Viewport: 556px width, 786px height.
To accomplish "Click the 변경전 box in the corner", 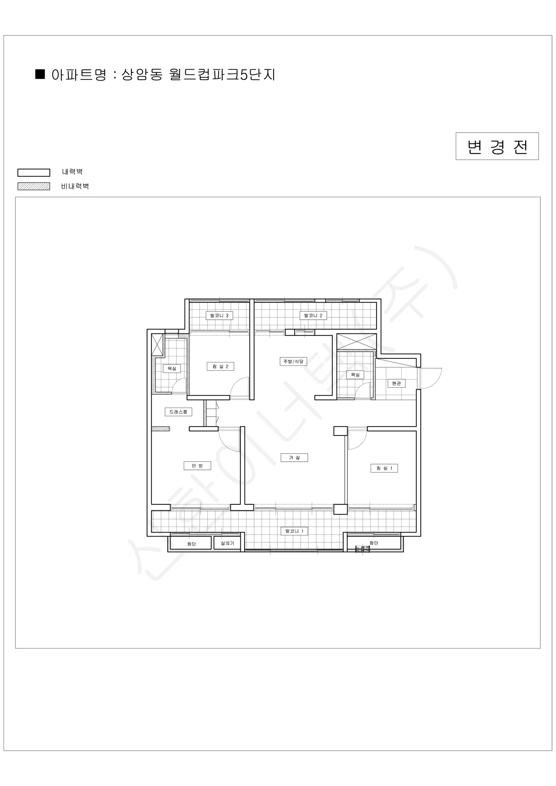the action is click(497, 146).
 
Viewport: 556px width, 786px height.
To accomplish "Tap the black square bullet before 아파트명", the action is click(40, 74).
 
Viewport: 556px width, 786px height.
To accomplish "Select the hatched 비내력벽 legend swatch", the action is click(33, 186).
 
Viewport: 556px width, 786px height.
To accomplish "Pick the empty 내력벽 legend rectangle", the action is click(33, 172).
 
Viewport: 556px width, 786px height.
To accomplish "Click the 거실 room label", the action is click(294, 458).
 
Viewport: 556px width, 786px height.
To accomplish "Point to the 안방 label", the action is click(197, 466).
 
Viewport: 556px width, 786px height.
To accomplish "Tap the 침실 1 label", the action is click(384, 468).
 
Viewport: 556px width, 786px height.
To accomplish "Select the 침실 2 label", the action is click(220, 366).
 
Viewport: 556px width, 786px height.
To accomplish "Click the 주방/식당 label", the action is click(293, 361).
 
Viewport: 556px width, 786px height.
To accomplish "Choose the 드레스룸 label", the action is click(178, 412).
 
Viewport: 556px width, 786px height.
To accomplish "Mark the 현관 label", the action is click(397, 384).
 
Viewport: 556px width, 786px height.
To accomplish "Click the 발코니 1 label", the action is click(294, 531).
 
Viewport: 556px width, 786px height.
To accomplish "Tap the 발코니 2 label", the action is click(313, 315).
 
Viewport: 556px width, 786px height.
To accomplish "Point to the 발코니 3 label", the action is click(219, 315).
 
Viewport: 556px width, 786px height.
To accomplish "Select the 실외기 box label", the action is click(227, 543).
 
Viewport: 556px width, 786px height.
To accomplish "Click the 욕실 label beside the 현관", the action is click(355, 375).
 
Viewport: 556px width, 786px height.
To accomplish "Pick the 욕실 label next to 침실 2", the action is click(172, 368).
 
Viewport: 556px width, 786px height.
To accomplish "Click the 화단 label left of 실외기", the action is click(191, 544).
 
